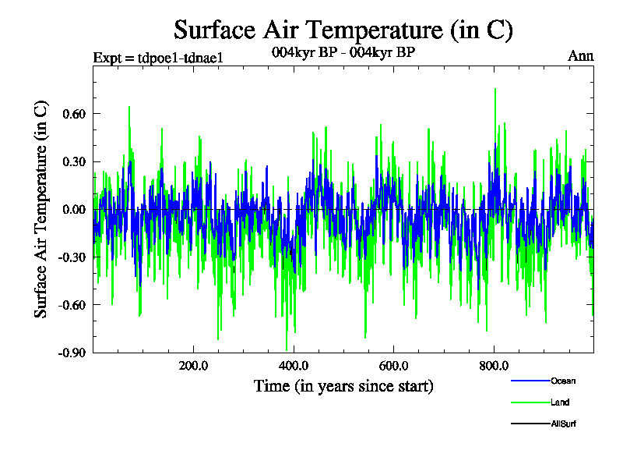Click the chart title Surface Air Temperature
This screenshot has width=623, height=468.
(343, 30)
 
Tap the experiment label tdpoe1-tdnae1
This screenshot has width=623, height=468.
(158, 58)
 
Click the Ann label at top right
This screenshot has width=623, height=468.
(581, 55)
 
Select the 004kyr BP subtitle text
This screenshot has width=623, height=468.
(343, 53)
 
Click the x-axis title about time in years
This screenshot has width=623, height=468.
(343, 385)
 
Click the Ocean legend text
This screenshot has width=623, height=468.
(563, 381)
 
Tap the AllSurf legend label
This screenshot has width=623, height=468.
(565, 424)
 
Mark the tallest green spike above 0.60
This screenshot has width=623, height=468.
(495, 90)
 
